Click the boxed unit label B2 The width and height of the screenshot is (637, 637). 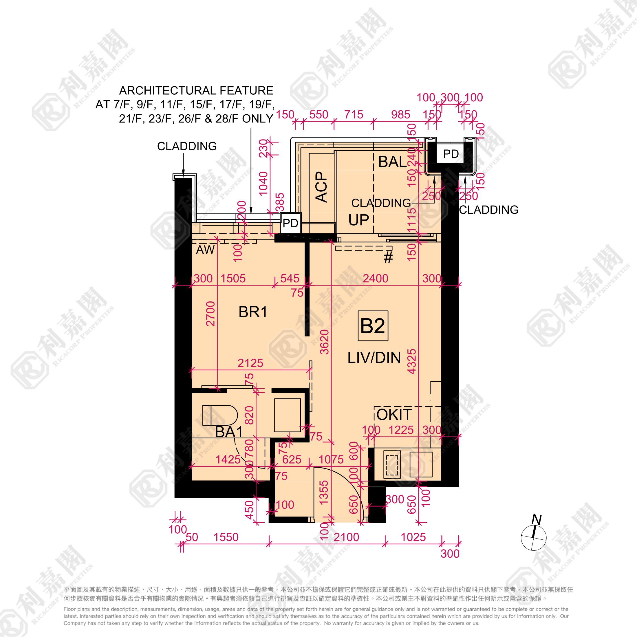pos(373,326)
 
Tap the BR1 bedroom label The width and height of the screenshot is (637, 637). pos(252,312)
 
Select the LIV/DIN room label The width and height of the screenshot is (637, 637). pos(374,358)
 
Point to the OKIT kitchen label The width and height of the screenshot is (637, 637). pos(394,414)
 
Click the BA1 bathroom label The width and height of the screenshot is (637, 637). pos(229,432)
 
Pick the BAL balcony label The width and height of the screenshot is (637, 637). pos(392,162)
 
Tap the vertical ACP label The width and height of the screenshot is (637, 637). pos(321,187)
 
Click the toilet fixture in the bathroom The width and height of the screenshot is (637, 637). pos(220,415)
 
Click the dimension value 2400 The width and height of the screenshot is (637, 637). pos(375,279)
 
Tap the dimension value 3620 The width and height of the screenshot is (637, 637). pos(325,342)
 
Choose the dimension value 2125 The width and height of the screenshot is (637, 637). pos(250,363)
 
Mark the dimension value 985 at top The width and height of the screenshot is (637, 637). pos(401,115)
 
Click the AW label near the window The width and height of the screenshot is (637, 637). pos(205,250)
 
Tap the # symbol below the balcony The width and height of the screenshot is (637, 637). pos(388,257)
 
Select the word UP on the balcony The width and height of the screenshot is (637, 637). pos(358,220)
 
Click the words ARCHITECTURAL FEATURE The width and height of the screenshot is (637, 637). pos(196,90)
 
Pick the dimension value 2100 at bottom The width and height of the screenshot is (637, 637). pos(346,537)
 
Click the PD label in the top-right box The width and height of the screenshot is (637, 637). pos(451,154)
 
